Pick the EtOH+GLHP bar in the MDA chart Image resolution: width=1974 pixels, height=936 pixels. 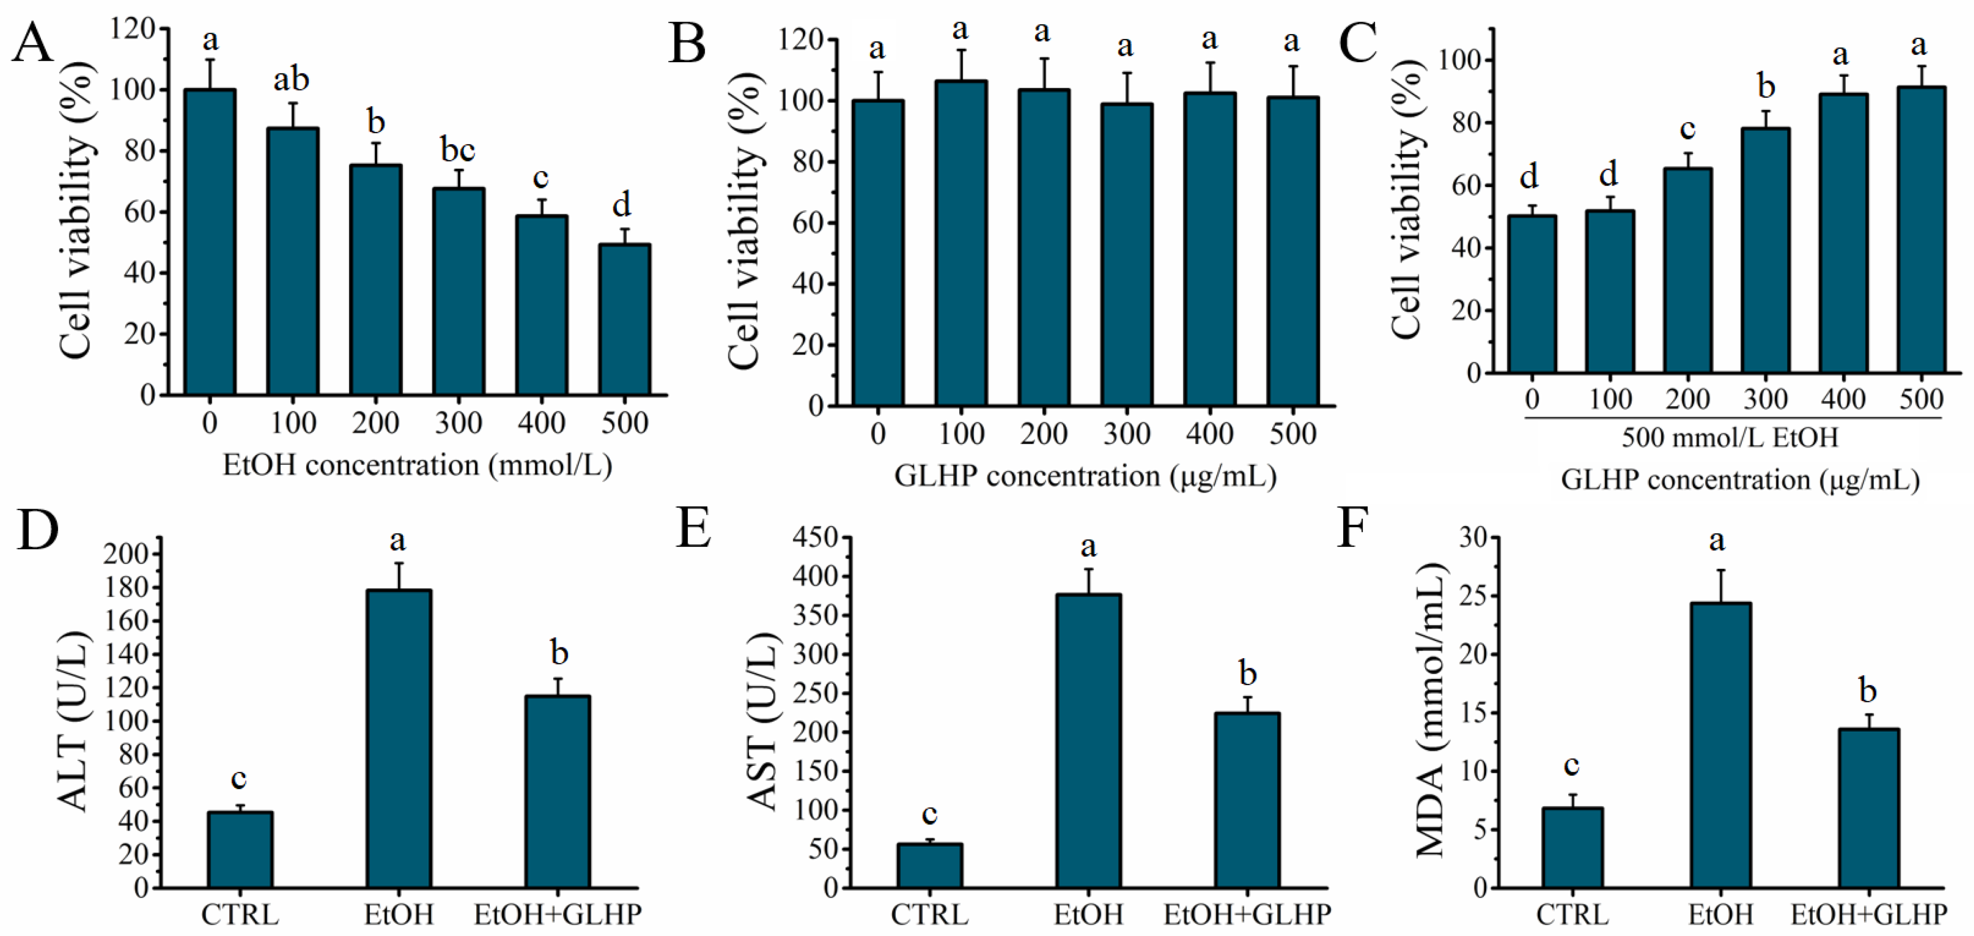[x=1868, y=808]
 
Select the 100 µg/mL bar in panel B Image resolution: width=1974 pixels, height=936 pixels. [x=961, y=243]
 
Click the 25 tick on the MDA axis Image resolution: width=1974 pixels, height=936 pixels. [x=1473, y=597]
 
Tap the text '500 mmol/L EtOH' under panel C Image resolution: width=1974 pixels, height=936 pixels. [x=1729, y=438]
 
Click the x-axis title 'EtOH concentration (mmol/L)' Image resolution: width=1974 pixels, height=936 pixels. [x=418, y=465]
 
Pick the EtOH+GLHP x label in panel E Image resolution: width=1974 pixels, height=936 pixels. [x=1247, y=914]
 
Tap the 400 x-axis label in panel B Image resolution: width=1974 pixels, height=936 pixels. [x=1209, y=434]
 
